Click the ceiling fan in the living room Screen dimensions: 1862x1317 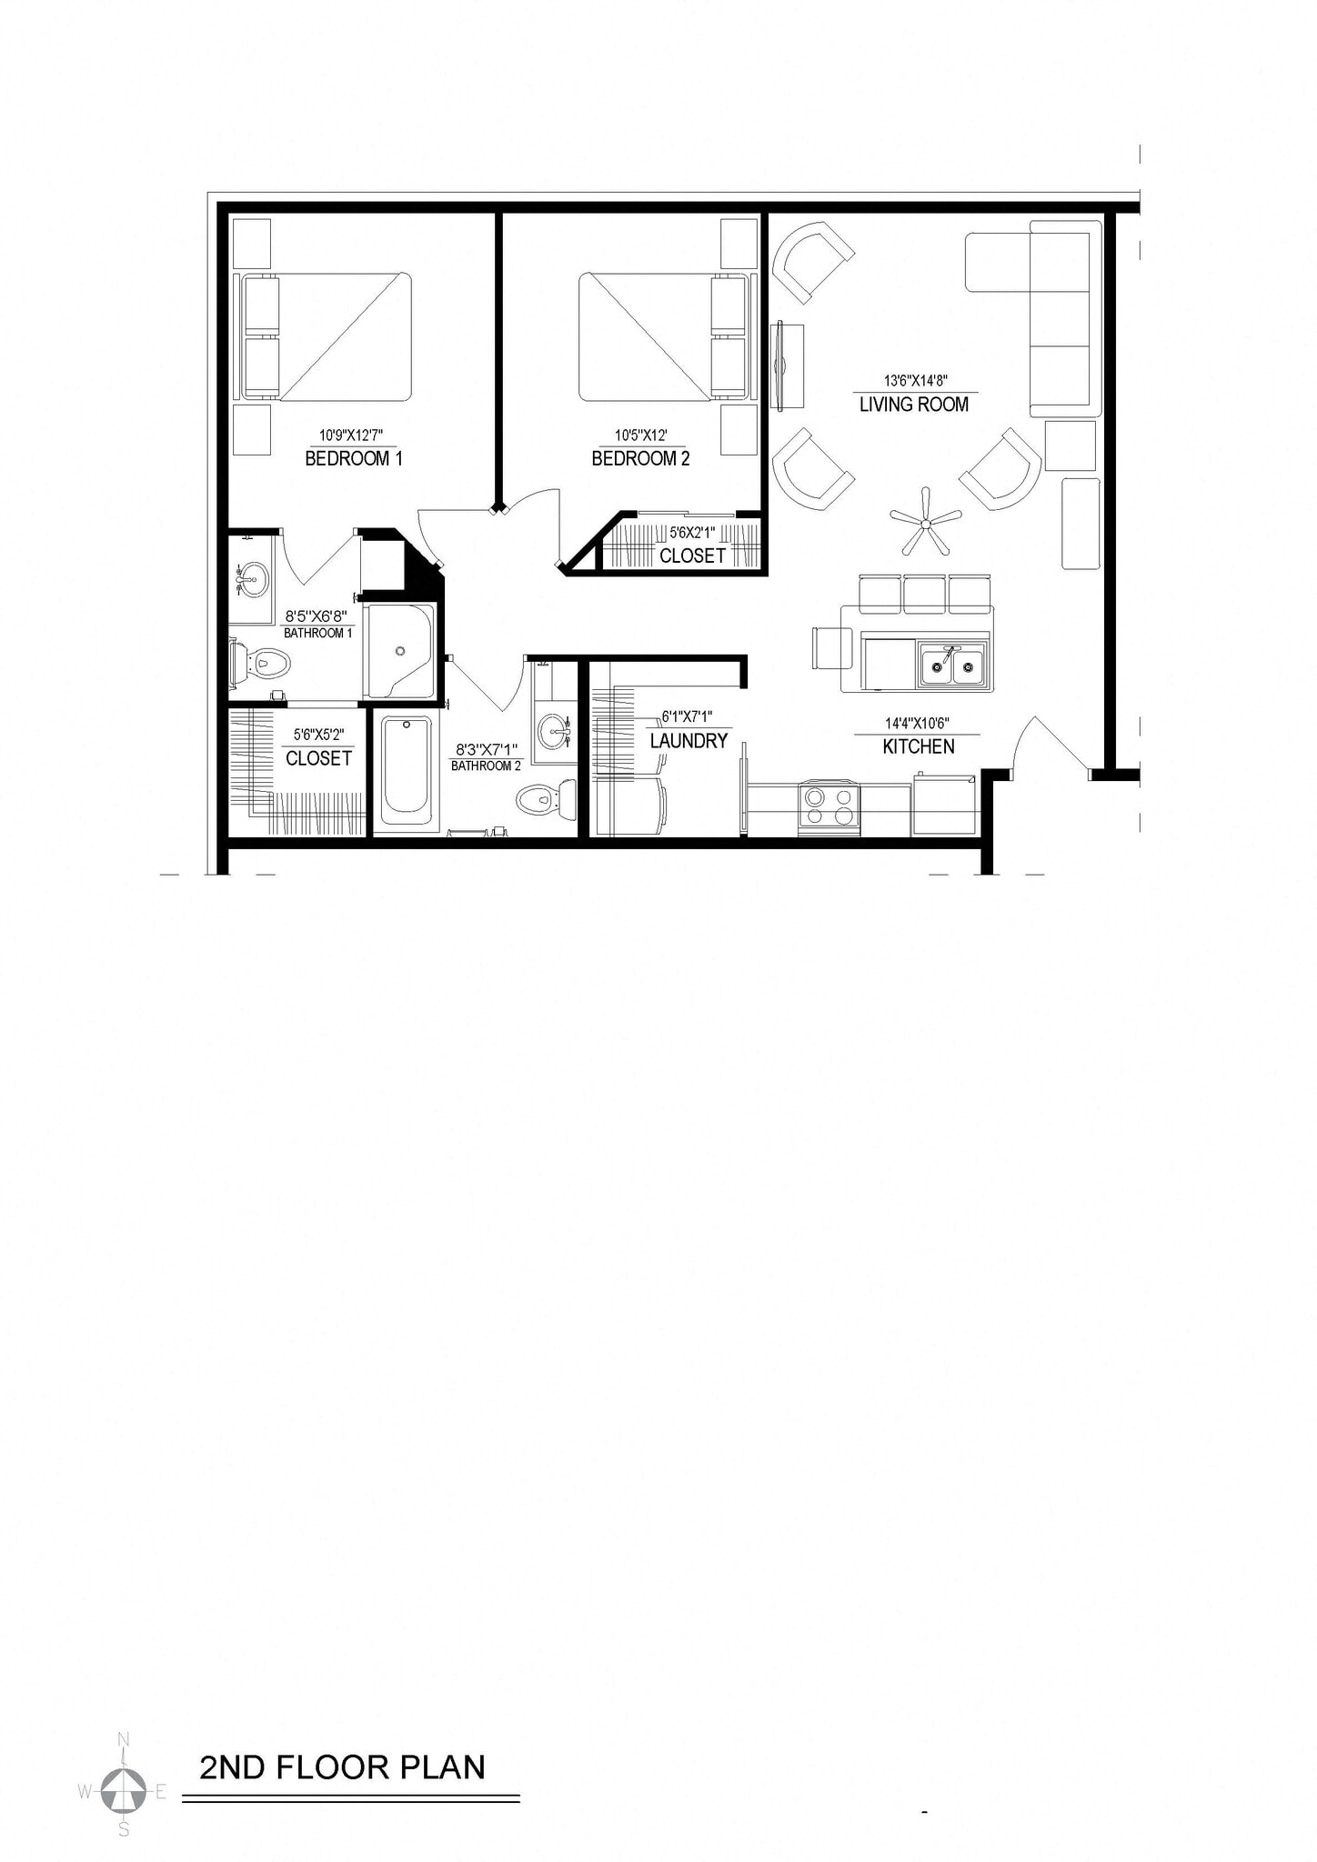coord(926,522)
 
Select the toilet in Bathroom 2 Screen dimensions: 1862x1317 coord(546,799)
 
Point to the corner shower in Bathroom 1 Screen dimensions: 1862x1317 coord(400,651)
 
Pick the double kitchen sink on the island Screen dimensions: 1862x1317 coord(952,666)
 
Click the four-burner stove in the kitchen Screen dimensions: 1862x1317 coord(829,806)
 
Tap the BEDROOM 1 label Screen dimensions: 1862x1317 coord(353,459)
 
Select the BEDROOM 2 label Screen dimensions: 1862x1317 coord(640,459)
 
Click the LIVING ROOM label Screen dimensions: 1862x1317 coord(914,405)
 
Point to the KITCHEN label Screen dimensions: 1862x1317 coord(919,746)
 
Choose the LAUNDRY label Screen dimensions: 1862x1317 coord(689,741)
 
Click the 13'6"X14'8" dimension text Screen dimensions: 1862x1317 coord(916,382)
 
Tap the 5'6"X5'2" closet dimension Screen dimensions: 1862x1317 coord(318,735)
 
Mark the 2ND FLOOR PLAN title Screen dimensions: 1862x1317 coord(342,1767)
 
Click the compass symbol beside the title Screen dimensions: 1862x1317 coord(123,1791)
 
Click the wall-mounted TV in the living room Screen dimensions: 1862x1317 coord(779,366)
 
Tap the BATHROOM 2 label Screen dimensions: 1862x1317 coord(486,766)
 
